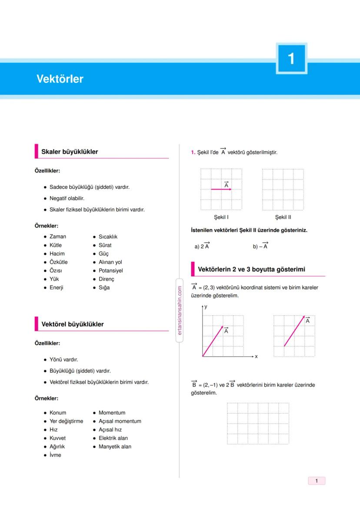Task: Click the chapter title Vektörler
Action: (60, 79)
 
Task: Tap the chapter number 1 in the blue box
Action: (291, 59)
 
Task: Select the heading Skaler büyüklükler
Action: (70, 152)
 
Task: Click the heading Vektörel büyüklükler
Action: (72, 324)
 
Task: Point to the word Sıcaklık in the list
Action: (108, 237)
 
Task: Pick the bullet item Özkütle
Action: (58, 262)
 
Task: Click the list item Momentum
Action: (112, 413)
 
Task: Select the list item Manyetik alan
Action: (115, 447)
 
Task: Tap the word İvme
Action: (55, 455)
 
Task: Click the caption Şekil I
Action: (221, 217)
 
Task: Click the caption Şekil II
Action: (283, 217)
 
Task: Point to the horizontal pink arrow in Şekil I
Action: (221, 190)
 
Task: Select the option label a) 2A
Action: (202, 246)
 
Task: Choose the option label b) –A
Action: (260, 246)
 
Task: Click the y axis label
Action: (206, 307)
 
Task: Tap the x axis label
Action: (256, 357)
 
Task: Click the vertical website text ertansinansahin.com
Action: (179, 310)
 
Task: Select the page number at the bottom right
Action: (317, 481)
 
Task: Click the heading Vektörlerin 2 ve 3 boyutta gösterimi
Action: (251, 270)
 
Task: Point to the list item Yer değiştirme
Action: (66, 421)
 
